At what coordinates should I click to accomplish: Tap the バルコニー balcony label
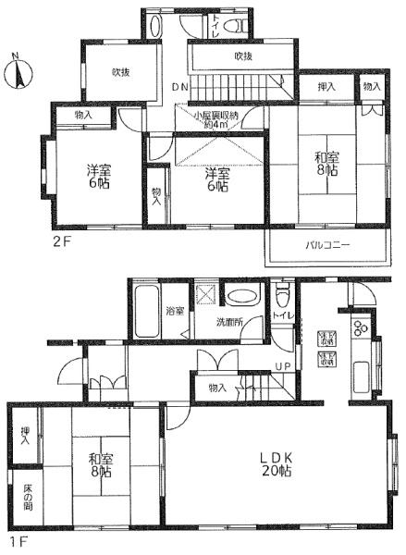click(325, 247)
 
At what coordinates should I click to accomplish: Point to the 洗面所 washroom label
click(231, 323)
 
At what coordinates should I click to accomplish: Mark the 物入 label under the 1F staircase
click(218, 388)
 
